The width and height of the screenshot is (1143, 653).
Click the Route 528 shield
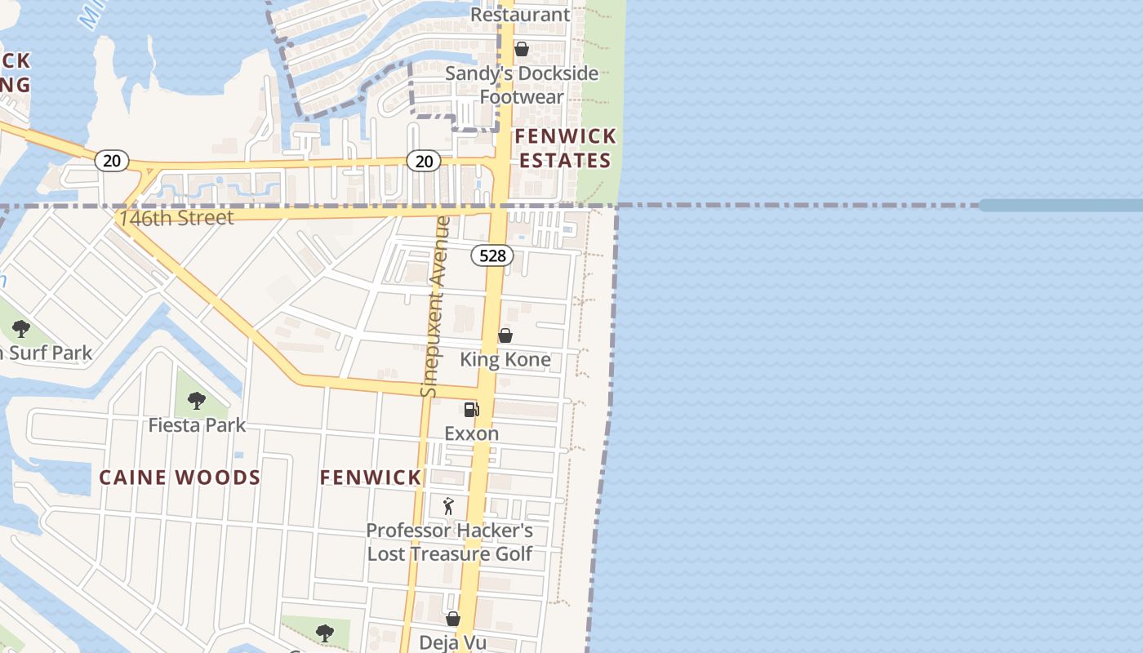(x=492, y=255)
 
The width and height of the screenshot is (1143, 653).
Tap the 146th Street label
(x=176, y=218)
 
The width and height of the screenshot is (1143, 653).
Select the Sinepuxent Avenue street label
(x=436, y=307)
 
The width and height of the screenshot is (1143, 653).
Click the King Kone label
(x=505, y=359)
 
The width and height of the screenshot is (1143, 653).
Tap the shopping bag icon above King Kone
(x=505, y=335)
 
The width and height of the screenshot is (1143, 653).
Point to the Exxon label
(x=471, y=433)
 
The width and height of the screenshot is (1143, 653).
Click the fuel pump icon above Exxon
(x=471, y=410)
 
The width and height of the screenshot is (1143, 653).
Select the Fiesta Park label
(x=197, y=425)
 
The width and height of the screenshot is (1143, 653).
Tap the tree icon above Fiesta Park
(x=196, y=401)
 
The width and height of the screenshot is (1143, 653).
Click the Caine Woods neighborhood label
(x=180, y=478)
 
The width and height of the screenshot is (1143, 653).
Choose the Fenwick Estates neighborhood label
(x=565, y=148)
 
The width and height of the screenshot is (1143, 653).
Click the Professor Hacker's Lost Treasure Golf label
(x=449, y=542)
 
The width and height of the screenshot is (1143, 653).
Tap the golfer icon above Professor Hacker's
(x=448, y=506)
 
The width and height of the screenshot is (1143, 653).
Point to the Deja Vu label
(x=452, y=642)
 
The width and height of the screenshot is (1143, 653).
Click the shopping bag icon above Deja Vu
(x=452, y=620)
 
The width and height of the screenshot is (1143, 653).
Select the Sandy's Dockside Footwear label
(x=522, y=85)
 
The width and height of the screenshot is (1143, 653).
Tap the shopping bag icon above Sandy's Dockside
(x=522, y=50)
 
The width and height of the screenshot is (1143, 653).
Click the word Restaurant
(x=520, y=15)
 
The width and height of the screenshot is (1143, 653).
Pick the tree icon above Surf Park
(x=21, y=330)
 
